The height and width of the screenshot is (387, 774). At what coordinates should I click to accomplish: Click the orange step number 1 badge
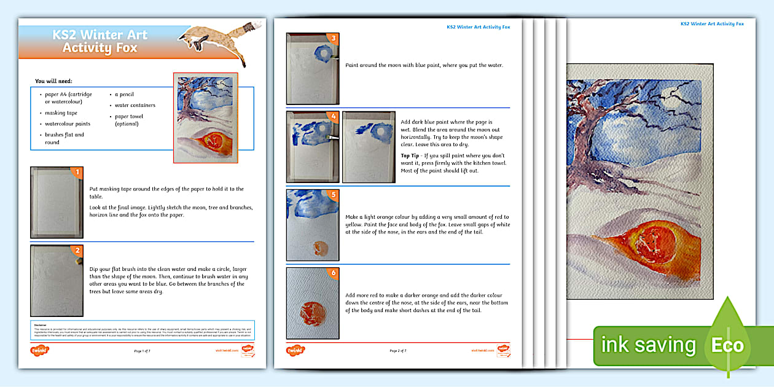click(x=77, y=173)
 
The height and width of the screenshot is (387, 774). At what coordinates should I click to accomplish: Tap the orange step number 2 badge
click(x=77, y=250)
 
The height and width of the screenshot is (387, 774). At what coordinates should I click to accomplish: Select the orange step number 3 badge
click(x=333, y=38)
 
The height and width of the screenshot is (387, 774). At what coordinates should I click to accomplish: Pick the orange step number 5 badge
click(x=333, y=195)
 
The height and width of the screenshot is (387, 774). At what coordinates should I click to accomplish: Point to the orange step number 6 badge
click(x=333, y=273)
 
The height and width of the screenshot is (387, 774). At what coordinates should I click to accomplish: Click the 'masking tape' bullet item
click(x=61, y=113)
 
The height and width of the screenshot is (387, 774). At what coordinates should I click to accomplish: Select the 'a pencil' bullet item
click(x=123, y=95)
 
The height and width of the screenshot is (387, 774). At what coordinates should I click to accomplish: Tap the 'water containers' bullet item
click(x=135, y=105)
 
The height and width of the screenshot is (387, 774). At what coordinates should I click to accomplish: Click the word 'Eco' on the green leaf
click(x=727, y=345)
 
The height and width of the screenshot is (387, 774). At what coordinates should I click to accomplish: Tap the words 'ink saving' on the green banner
click(x=648, y=345)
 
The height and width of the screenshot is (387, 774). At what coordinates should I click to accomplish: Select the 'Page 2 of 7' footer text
click(x=398, y=351)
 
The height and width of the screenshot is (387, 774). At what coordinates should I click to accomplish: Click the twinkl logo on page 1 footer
click(x=40, y=351)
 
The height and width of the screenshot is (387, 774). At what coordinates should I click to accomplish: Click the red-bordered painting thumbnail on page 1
click(x=205, y=118)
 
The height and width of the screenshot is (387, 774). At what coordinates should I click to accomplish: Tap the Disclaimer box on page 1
click(x=143, y=330)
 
